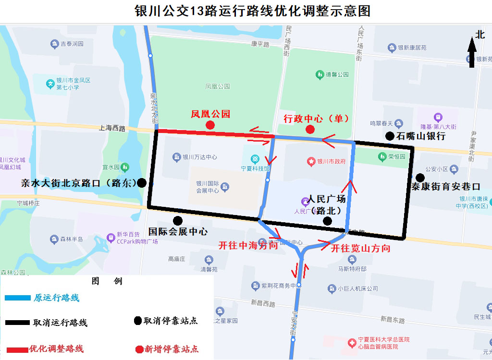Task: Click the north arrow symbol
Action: [472, 52]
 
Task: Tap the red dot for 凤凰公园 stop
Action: [210, 125]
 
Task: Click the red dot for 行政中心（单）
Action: [310, 129]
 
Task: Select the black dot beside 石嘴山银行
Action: [390, 136]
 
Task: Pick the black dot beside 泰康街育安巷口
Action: [420, 177]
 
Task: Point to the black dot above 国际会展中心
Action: [178, 220]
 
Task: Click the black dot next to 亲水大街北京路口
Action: [142, 182]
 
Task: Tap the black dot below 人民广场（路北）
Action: [327, 221]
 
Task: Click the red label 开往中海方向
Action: [248, 246]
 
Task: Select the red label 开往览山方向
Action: [360, 248]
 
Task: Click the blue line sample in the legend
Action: [17, 298]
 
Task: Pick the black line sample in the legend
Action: [17, 323]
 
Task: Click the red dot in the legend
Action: [139, 349]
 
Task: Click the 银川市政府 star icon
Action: [311, 161]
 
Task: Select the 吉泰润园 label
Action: [72, 44]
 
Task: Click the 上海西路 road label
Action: [112, 128]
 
